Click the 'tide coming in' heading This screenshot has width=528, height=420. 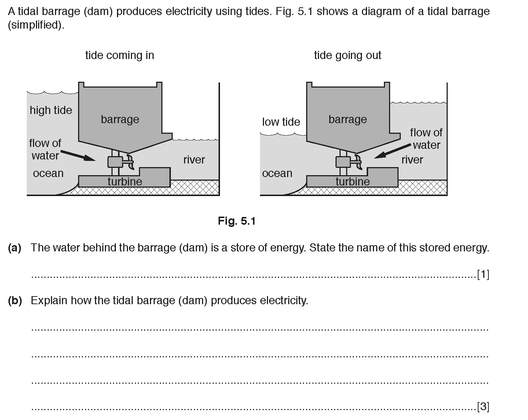(120, 55)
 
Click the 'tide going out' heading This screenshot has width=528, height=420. (348, 55)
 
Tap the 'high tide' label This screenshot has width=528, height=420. (51, 110)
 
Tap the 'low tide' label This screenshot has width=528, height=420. (281, 122)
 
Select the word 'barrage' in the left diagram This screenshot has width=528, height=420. (120, 119)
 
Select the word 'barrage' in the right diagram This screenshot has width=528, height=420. (348, 119)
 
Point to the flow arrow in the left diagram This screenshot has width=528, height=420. (77, 155)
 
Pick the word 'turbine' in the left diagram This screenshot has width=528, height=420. (125, 181)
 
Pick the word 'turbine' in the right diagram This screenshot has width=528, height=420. (353, 181)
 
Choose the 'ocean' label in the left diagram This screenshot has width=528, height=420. (48, 173)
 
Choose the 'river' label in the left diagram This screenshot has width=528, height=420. (194, 159)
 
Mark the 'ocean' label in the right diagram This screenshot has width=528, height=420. (277, 173)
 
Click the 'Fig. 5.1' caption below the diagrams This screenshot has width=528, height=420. (236, 221)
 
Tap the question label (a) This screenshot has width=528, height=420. (15, 248)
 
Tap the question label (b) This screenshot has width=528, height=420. (15, 301)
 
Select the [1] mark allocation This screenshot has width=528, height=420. (483, 274)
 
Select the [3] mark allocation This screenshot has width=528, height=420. (483, 406)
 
